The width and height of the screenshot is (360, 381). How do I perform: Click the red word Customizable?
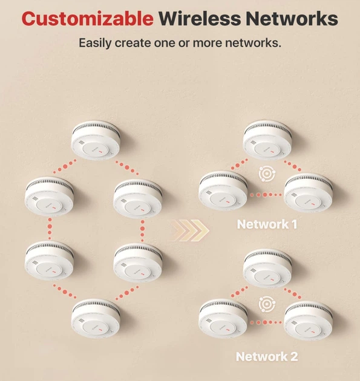pyautogui.click(x=88, y=19)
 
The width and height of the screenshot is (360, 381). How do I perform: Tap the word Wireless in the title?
pyautogui.click(x=200, y=18)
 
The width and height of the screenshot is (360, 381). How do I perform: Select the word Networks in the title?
pyautogui.click(x=292, y=18)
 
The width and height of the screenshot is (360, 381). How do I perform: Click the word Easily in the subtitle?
pyautogui.click(x=95, y=43)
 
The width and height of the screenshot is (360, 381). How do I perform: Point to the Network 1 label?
pyautogui.click(x=267, y=224)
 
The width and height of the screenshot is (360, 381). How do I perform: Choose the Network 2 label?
pyautogui.click(x=267, y=356)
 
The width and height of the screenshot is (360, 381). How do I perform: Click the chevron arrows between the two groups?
pyautogui.click(x=188, y=230)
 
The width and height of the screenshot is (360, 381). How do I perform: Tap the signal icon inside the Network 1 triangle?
pyautogui.click(x=267, y=174)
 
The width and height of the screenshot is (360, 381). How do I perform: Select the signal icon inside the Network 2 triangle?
pyautogui.click(x=267, y=304)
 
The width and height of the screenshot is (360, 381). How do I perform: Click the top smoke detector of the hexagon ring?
pyautogui.click(x=96, y=140)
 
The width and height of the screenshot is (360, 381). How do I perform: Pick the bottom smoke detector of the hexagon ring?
pyautogui.click(x=96, y=319)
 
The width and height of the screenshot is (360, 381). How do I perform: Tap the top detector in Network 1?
pyautogui.click(x=267, y=140)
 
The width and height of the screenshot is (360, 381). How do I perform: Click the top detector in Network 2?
pyautogui.click(x=267, y=269)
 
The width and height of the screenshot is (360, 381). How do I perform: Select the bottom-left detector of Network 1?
pyautogui.click(x=223, y=191)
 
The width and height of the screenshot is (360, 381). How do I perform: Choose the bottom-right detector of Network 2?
pyautogui.click(x=308, y=321)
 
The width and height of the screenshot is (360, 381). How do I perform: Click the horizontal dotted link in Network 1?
pyautogui.click(x=266, y=195)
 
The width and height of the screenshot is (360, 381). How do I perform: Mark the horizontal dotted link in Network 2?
pyautogui.click(x=266, y=322)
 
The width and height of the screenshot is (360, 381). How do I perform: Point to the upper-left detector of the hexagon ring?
pyautogui.click(x=49, y=197)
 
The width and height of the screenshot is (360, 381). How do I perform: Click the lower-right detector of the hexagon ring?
pyautogui.click(x=138, y=263)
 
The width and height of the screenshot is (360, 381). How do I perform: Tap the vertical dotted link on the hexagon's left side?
pyautogui.click(x=50, y=229)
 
